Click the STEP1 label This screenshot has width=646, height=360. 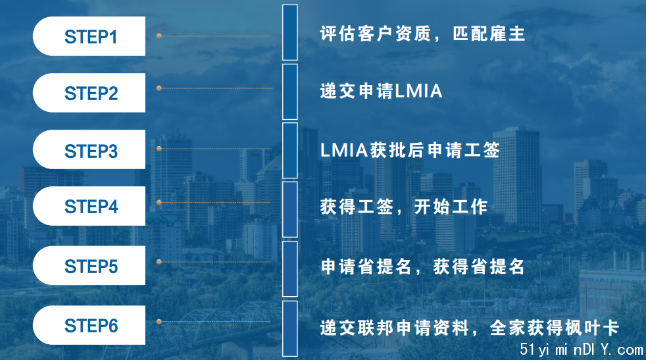coord(91,37)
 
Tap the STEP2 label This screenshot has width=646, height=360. coord(91,93)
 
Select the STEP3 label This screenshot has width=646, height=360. coord(91,151)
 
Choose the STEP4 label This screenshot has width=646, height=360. coord(91,206)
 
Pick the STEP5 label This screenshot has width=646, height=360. coord(91,266)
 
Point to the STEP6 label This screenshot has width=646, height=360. coord(91,326)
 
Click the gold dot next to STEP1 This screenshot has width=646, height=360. coord(159,36)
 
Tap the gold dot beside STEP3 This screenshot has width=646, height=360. coord(159,149)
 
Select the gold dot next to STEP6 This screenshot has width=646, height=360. coord(159,322)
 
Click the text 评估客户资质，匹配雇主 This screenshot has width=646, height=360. coord(423,34)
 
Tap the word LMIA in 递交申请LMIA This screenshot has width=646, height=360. coord(418,91)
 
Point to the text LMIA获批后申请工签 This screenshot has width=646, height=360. coord(410,150)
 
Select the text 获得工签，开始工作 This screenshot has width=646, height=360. coord(404,207)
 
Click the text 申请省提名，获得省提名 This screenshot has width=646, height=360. coord(423,267)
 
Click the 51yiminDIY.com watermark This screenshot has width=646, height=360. coord(582,349)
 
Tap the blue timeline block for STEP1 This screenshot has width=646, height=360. coord(290,32)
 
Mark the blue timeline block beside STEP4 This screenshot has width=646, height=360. coord(290,209)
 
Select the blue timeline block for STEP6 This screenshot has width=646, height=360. coord(290,328)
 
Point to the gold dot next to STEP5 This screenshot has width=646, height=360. coord(159,262)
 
